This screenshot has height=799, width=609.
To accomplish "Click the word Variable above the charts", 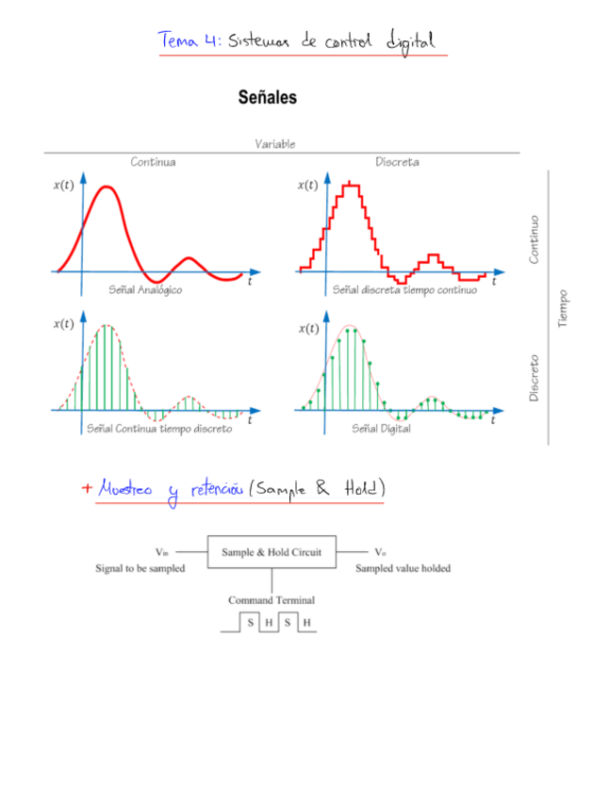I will coord(274,144).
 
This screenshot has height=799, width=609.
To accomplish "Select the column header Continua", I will coord(153,162).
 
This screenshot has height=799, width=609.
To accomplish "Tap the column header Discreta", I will coord(397,162).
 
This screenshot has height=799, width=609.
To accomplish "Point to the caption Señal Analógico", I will coord(146,290).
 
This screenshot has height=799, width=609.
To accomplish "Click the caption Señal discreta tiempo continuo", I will coord(404,290).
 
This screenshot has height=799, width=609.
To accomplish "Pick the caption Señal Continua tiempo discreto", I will coord(159,429).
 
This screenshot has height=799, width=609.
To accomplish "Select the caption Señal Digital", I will coord(381,429).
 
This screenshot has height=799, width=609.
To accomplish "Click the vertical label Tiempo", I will coord(563,308).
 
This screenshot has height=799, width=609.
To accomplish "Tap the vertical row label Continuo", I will coord(534,239).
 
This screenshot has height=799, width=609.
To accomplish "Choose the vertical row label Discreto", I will coord(534,378).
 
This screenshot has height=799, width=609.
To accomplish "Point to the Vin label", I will coord(161,552).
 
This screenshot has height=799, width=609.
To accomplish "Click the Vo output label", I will coord(380,552).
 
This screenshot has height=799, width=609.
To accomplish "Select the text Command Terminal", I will coord(272,599).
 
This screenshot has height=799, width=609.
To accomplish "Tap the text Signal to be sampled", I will coord(140,568).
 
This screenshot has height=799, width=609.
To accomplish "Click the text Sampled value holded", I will coord(403,568).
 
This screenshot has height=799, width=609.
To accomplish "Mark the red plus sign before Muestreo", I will coord(87,488).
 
